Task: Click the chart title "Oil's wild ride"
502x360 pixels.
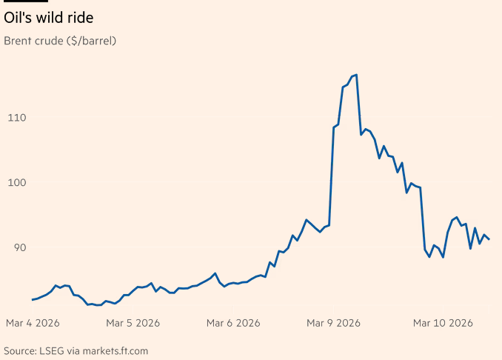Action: [x=49, y=17]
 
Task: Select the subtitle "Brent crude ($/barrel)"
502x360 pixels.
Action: [x=60, y=40]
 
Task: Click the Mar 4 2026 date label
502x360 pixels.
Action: [x=33, y=323]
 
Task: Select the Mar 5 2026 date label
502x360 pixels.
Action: [x=133, y=323]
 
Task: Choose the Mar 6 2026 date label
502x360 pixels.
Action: [x=233, y=323]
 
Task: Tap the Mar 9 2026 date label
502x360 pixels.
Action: [x=334, y=323]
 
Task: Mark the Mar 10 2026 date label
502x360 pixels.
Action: [x=443, y=323]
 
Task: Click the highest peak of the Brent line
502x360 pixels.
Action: [x=357, y=75]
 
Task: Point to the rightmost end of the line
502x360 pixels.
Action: [x=489, y=239]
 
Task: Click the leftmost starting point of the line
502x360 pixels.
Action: [x=32, y=299]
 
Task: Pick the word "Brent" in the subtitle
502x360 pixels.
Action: [x=18, y=40]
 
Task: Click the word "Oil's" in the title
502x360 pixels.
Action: [x=19, y=17]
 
